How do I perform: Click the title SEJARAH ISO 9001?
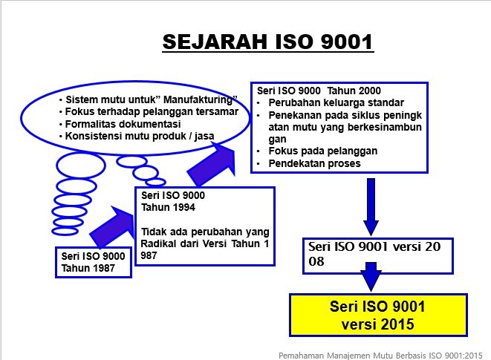point(268,42)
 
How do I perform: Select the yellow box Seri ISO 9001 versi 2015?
point(378,315)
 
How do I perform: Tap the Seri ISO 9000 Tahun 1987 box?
point(94,262)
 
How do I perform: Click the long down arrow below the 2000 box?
point(371,206)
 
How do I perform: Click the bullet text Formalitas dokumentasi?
point(123,124)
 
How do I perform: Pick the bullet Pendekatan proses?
point(314,163)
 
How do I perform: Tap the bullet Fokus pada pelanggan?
point(323,151)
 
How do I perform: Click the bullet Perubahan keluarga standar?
point(336,102)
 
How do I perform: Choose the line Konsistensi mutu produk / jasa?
point(140,136)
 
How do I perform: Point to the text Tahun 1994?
point(168,207)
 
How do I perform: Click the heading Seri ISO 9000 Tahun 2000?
point(319,91)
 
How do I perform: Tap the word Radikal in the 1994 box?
point(158,243)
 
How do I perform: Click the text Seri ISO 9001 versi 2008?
point(374,254)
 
